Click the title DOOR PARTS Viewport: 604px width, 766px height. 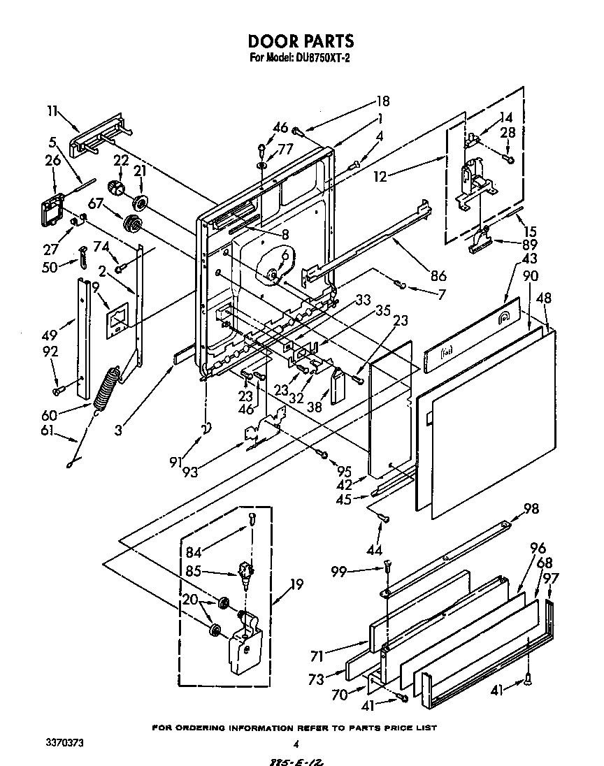coord(301,41)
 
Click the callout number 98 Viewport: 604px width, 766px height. coord(531,509)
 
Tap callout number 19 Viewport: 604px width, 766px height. coord(296,584)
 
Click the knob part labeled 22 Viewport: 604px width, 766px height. coord(117,189)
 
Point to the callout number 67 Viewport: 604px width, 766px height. coord(96,203)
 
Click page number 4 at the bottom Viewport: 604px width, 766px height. coord(296,744)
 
